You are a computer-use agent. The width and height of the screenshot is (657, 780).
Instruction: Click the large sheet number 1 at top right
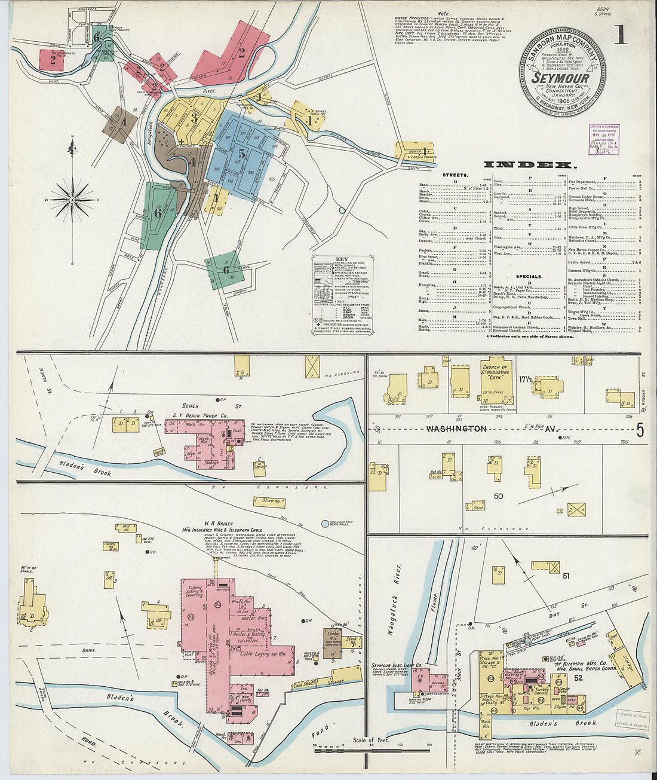(x=620, y=35)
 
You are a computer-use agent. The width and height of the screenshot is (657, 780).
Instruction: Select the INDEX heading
(x=530, y=164)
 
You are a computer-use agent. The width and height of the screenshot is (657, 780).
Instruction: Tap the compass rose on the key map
(x=72, y=199)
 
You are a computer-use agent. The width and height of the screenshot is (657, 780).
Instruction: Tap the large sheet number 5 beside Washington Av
(x=640, y=430)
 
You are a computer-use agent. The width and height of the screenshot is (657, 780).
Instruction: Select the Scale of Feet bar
(x=370, y=745)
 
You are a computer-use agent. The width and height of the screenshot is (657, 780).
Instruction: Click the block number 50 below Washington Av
(x=499, y=496)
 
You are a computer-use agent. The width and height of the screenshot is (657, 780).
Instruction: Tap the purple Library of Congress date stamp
(x=603, y=139)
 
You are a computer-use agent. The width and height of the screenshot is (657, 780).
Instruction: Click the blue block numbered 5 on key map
(x=241, y=153)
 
